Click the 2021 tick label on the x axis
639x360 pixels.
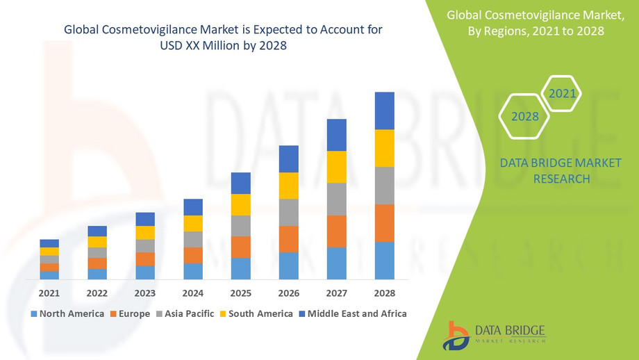(x=49, y=293)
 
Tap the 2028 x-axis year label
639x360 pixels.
(x=384, y=293)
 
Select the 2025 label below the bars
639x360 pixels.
(x=240, y=293)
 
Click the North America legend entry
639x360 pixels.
(x=67, y=313)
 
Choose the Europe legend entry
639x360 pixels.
(x=129, y=313)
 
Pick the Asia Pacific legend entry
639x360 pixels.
(x=186, y=313)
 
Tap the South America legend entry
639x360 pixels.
(x=255, y=313)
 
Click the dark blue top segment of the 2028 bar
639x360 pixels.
(x=384, y=111)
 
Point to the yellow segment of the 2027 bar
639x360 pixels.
(x=336, y=167)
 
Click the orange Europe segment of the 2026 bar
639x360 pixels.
(x=288, y=239)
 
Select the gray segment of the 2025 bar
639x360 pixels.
(x=240, y=226)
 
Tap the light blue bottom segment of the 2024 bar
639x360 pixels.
(x=193, y=271)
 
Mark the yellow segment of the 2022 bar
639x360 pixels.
(x=97, y=242)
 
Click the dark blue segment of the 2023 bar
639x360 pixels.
(x=145, y=219)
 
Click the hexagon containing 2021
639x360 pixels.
(x=561, y=93)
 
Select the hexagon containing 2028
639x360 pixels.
(x=525, y=116)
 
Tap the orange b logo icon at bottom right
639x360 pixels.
(x=458, y=335)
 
